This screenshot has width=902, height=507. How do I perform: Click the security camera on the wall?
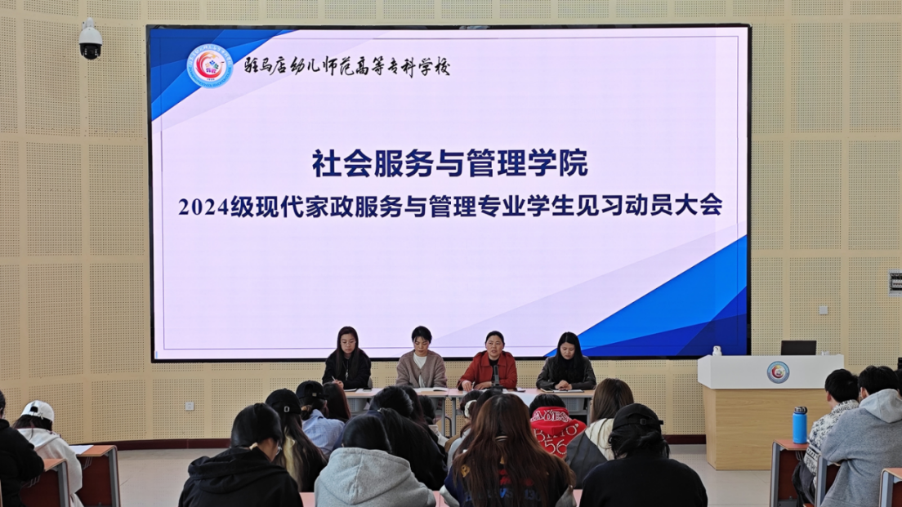point(91,39)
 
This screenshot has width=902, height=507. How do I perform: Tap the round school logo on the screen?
point(209,66)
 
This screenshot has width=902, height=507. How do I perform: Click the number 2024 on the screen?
point(203,207)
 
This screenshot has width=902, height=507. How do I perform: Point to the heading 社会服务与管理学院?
point(450,163)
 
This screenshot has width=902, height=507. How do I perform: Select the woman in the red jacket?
point(489,362)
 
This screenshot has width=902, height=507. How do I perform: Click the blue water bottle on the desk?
point(800,425)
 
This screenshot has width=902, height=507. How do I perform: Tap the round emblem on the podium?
point(778,372)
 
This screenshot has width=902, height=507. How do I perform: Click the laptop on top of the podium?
point(798,348)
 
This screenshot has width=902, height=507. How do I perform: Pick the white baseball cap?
point(38,411)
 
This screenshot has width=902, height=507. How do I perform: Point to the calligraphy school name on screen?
point(346,67)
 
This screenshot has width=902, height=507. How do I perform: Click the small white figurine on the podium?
point(717,350)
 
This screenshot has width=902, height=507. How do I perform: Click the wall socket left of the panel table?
point(190,407)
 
